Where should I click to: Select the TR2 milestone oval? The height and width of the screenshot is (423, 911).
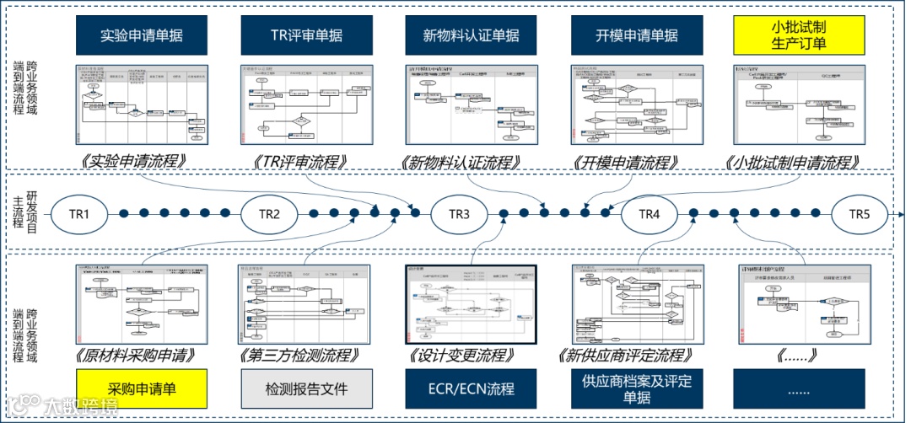tap(269, 214)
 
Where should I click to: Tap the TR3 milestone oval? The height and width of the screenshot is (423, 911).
tap(459, 214)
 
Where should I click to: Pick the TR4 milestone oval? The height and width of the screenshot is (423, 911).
tap(648, 214)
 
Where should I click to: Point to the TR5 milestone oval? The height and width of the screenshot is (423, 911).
tap(859, 214)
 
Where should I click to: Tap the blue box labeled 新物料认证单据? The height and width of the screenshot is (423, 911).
tap(471, 35)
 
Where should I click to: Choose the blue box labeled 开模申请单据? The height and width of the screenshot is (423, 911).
tap(636, 35)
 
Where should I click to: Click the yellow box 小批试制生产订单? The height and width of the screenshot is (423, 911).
tap(799, 35)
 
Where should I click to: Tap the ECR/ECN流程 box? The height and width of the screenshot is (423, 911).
tap(471, 389)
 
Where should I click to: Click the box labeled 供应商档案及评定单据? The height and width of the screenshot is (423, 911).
tap(636, 389)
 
